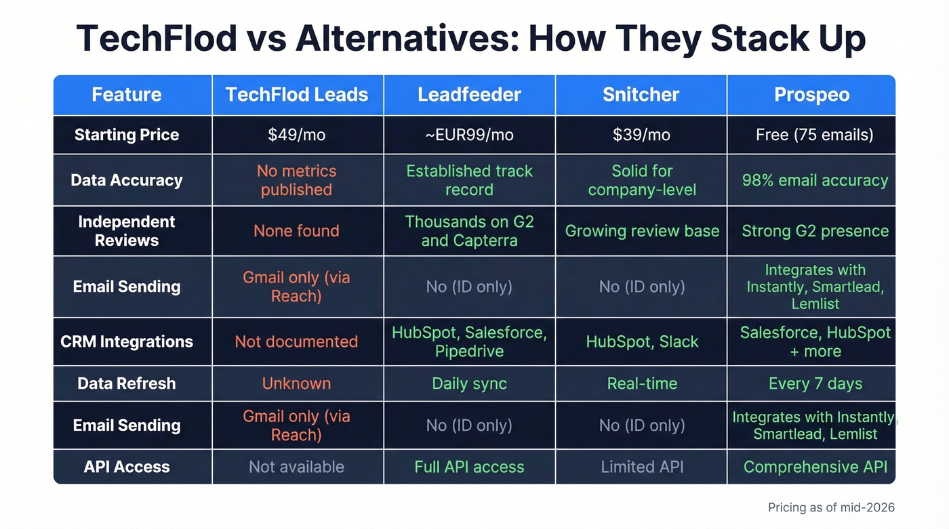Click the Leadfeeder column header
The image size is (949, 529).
pos(469,95)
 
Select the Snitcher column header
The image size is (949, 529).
pos(641,95)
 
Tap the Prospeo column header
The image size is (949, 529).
pos(811,95)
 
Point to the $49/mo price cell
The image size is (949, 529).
pos(297,135)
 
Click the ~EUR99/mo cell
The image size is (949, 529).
pos(469,135)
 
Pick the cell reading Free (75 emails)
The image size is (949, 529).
pos(815,135)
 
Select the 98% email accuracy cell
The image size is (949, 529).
pos(815,180)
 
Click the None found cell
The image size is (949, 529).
pos(297,231)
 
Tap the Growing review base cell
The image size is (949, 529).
pos(642,231)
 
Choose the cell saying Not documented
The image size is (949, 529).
pos(296,341)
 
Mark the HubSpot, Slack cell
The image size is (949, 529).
pos(642,341)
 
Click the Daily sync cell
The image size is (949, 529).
pos(469,383)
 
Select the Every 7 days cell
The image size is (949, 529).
pos(815,383)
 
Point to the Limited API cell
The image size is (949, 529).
pos(642,467)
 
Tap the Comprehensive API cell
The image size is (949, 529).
pos(815,467)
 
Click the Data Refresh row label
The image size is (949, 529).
pos(127,383)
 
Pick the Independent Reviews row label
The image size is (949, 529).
pos(127,231)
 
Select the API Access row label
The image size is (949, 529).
pos(127,467)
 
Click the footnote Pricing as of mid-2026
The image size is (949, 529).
pos(831,507)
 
